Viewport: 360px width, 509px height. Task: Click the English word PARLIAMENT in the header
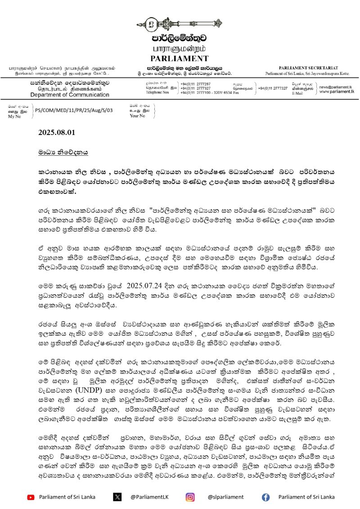[180, 59]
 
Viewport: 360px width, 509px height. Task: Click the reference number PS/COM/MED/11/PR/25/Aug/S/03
[74, 109]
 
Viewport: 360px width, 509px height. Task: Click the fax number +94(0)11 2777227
[273, 88]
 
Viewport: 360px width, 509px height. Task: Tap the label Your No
[137, 116]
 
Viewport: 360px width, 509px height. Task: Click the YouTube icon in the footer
[31, 497]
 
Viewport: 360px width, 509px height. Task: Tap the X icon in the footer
[117, 497]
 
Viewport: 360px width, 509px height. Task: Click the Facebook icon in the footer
[265, 497]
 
